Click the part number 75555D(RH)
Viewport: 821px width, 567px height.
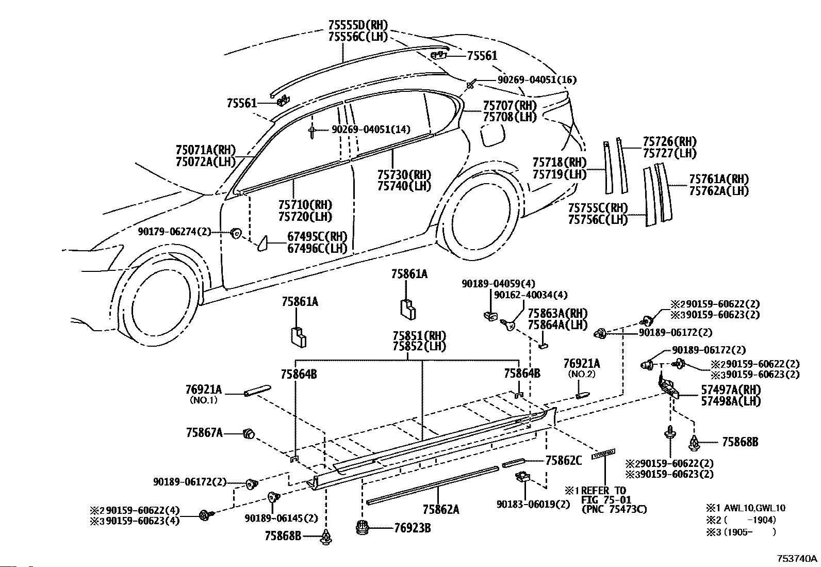[x=358, y=25]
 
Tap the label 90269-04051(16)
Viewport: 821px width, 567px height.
[x=537, y=79]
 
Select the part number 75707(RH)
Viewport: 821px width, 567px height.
[x=510, y=106]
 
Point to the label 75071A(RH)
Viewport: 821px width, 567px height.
[x=206, y=150]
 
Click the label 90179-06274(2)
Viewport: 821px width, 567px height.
[x=175, y=232]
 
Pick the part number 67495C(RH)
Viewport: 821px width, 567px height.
[x=317, y=237]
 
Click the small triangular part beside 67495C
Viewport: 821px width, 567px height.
[x=262, y=243]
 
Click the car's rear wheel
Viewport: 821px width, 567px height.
[x=477, y=214]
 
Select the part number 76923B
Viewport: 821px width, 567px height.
[x=413, y=528]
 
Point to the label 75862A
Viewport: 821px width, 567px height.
[x=440, y=509]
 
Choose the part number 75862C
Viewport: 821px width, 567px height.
[x=563, y=461]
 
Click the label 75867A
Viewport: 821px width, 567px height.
[x=204, y=433]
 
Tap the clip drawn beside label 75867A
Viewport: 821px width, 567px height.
[x=249, y=433]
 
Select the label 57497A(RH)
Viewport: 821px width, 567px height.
[x=731, y=390]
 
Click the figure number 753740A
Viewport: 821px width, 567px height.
[x=797, y=558]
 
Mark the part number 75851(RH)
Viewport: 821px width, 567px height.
[x=419, y=335]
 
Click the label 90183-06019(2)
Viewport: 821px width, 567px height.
[x=533, y=504]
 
